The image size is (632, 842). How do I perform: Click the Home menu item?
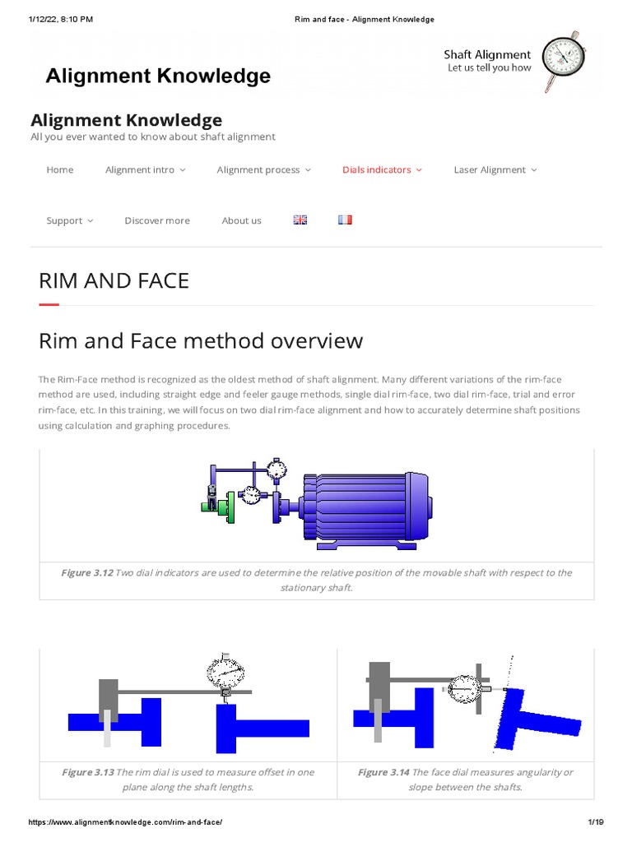click(x=60, y=170)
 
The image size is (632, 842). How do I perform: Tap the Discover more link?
click(x=157, y=221)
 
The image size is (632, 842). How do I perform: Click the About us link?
click(x=241, y=221)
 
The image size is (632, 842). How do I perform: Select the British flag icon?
click(x=300, y=220)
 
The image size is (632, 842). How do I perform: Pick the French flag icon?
click(x=344, y=220)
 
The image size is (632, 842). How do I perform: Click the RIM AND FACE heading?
click(x=114, y=280)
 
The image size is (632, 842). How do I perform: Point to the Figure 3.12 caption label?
click(x=86, y=573)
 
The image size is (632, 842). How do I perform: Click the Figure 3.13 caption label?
click(x=87, y=773)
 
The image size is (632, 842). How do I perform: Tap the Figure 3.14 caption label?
click(x=383, y=773)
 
